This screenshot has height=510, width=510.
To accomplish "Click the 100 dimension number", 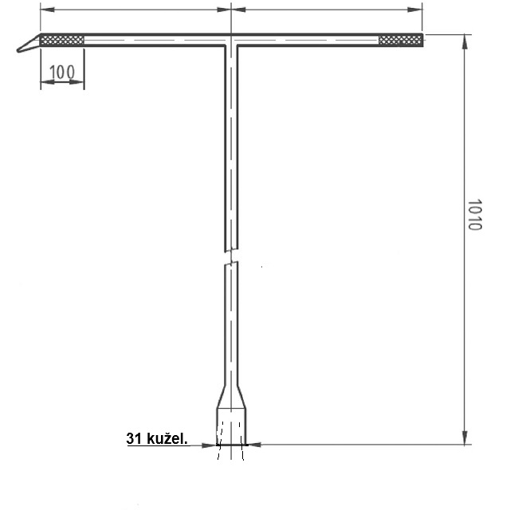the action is (62, 72).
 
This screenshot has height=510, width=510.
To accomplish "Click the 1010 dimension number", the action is (475, 214).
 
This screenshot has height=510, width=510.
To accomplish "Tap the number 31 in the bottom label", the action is (134, 438).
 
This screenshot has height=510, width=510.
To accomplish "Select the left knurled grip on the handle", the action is (62, 41).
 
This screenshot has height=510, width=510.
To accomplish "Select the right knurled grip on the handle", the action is (401, 40).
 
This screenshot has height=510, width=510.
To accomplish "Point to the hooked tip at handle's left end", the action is (28, 45).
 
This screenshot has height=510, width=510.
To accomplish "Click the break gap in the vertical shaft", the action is (231, 256).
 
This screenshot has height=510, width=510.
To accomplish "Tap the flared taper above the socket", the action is (231, 397).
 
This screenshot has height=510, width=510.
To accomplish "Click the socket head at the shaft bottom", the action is (231, 426).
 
